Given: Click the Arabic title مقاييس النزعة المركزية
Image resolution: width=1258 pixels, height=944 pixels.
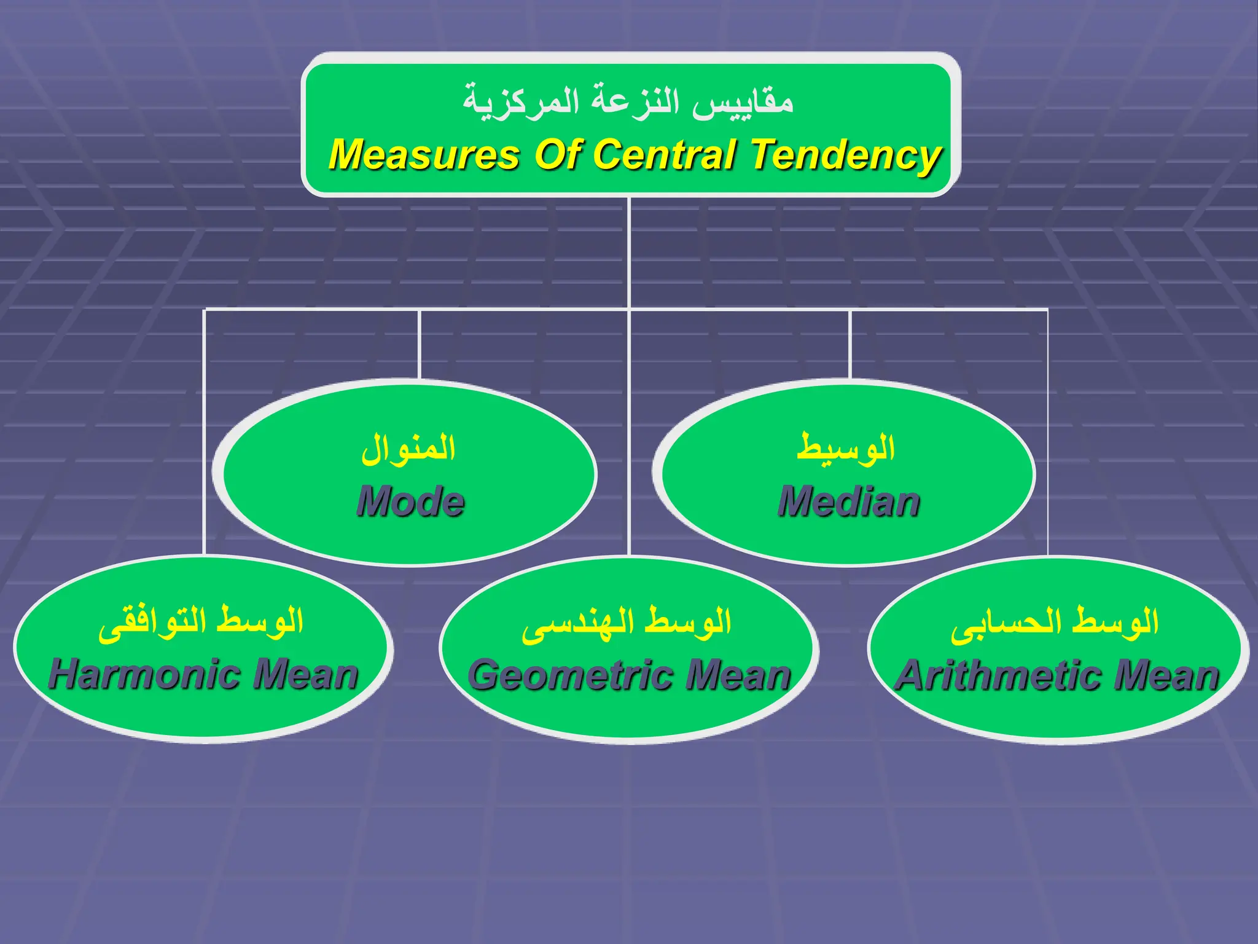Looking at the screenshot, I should pyautogui.click(x=628, y=101).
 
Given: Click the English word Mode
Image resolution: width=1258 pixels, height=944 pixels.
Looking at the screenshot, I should pyautogui.click(x=410, y=501).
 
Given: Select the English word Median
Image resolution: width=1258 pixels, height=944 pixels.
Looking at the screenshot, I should pyautogui.click(x=849, y=501).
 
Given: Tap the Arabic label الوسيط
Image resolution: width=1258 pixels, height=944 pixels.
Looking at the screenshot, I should pyautogui.click(x=846, y=447).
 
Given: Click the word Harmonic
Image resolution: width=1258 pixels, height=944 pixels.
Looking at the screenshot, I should pyautogui.click(x=147, y=674).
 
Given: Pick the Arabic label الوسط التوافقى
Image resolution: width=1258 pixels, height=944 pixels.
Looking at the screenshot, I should pyautogui.click(x=201, y=622).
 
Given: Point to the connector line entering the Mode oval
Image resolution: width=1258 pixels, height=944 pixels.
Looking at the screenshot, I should pyautogui.click(x=419, y=344).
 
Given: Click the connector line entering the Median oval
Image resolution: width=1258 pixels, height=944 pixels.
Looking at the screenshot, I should pyautogui.click(x=850, y=344).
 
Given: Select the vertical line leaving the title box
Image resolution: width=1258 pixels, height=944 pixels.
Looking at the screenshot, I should pyautogui.click(x=630, y=252).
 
